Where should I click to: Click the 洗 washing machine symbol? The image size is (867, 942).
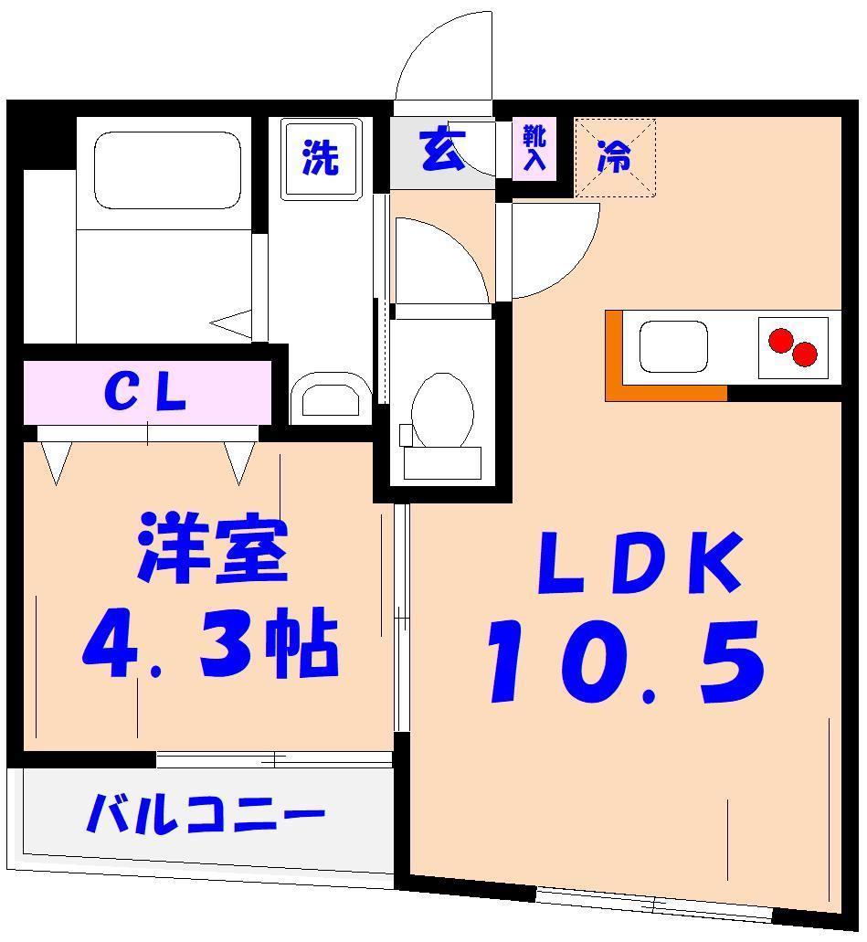tap(320, 159)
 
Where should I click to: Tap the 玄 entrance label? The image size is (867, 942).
tap(442, 152)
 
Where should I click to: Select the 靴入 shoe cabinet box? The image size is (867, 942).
tap(534, 149)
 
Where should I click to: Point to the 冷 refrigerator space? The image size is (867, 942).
tap(615, 157)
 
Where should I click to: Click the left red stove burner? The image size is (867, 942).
tap(780, 341)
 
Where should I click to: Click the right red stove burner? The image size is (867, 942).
tap(805, 354)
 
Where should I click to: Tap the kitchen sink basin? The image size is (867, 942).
tap(673, 347)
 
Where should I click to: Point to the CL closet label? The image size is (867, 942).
tap(146, 394)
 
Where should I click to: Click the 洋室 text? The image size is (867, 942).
tap(213, 550)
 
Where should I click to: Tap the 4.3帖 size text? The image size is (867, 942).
tap(210, 645)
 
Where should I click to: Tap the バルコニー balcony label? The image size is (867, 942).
tap(205, 813)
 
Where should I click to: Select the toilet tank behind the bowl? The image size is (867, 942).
tap(442, 462)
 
